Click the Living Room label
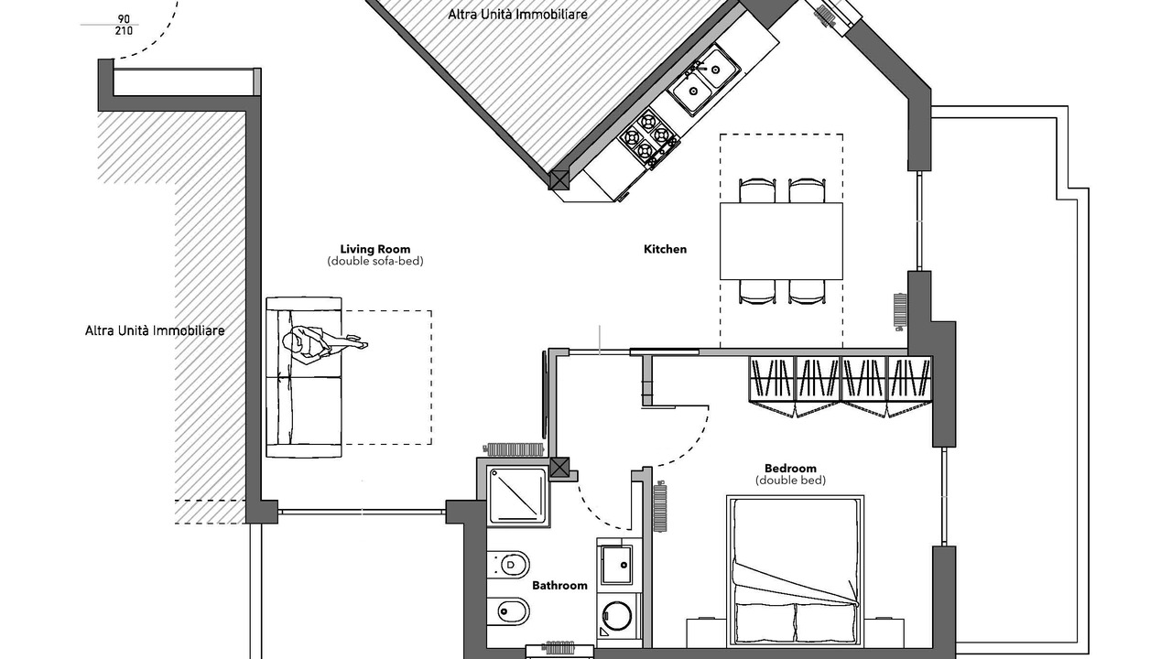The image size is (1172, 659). coord(375,249)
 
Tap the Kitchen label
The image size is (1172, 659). coord(665,249)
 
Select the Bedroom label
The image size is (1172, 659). coord(790,468)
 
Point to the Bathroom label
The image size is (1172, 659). coord(559,585)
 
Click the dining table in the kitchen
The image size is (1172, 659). coord(781,241)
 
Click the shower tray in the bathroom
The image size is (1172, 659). coord(518,496)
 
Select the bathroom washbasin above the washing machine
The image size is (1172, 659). coord(617,565)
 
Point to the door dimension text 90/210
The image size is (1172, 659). coord(124,25)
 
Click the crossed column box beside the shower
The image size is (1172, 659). coord(559,468)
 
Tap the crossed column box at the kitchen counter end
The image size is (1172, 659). coord(559,180)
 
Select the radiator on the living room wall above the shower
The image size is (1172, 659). coord(514,448)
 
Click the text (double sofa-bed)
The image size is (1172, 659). coord(375,261)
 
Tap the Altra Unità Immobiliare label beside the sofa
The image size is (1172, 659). coord(155,330)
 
